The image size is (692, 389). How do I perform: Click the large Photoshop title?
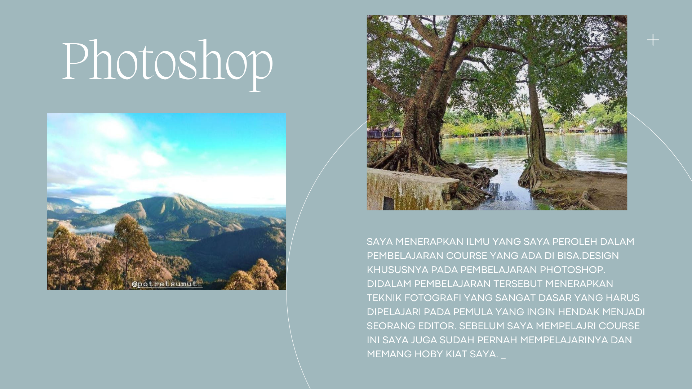[168, 65]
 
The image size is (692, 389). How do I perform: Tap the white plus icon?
[653, 40]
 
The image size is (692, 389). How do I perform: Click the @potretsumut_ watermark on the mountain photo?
[167, 284]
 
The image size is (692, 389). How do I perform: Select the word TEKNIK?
[384, 298]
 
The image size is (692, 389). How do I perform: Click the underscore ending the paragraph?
[504, 358]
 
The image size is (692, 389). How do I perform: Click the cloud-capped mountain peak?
[172, 196]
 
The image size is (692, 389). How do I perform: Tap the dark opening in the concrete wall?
[389, 204]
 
